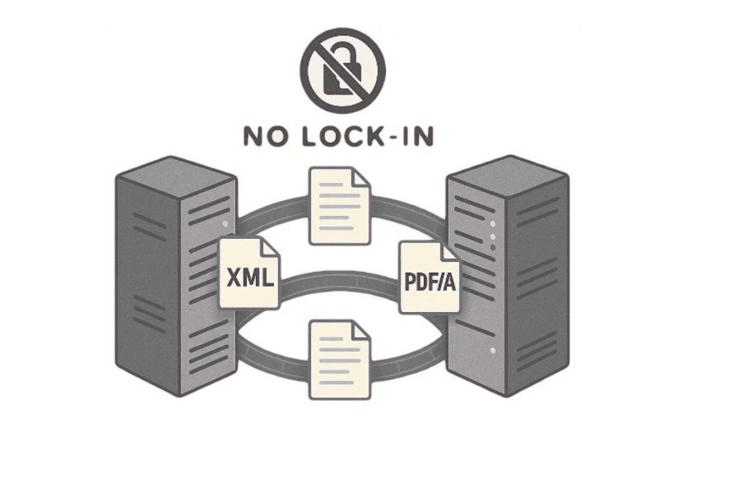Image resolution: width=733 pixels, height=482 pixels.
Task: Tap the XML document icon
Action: [248, 276]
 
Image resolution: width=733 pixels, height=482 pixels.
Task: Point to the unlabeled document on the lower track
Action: [339, 359]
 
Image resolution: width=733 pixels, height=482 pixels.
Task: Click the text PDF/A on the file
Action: [429, 282]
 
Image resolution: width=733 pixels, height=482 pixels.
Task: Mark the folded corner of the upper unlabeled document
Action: [361, 176]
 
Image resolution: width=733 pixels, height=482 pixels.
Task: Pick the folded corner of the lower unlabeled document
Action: [361, 331]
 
